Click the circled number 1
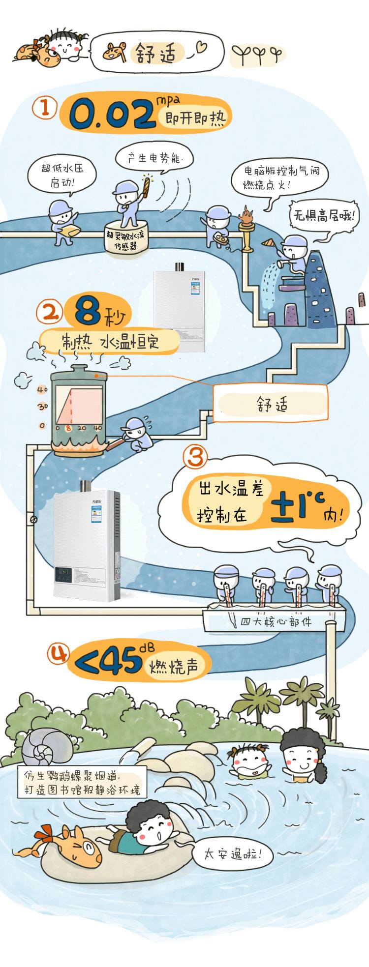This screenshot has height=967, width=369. click(x=44, y=107)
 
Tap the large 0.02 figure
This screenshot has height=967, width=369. click(x=112, y=115)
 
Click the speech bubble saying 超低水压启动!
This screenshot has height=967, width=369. click(x=62, y=175)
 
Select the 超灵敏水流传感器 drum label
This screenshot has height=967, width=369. click(x=126, y=240)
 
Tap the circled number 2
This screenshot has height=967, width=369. click(x=50, y=311)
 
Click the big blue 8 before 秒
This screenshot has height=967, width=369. click(x=88, y=311)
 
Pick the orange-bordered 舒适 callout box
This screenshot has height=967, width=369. click(x=270, y=403)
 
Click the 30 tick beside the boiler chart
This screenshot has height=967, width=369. click(x=43, y=407)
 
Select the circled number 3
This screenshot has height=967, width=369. click(x=196, y=457)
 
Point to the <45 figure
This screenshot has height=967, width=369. click(x=108, y=662)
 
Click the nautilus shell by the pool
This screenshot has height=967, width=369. click(x=47, y=746)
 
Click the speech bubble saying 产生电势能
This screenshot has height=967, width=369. click(x=154, y=158)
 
